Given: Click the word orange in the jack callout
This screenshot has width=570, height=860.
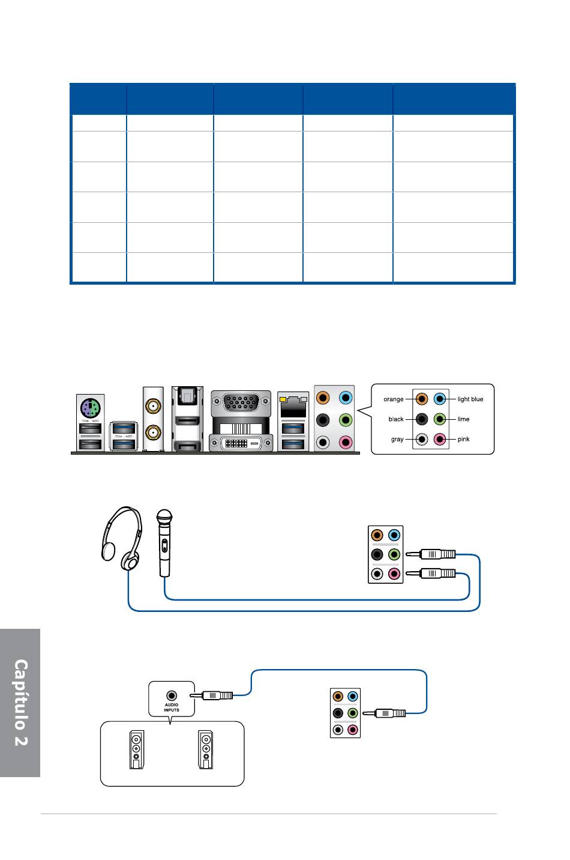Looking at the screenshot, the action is [x=393, y=399].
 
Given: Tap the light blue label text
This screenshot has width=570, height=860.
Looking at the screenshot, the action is [x=470, y=399].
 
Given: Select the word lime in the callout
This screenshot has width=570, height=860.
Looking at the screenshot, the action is [x=463, y=419].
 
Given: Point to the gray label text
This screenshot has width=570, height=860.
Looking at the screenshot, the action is [x=397, y=439].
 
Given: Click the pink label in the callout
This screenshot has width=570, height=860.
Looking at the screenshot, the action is [x=463, y=439].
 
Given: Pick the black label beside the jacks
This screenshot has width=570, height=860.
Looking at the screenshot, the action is [x=396, y=419].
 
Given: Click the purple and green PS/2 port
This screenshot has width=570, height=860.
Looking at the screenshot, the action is [x=90, y=408].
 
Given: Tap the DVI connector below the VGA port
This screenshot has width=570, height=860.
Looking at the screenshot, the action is [x=241, y=443].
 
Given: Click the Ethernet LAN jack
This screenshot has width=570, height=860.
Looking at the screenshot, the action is [x=293, y=407].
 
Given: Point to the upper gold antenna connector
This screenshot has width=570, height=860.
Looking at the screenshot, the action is [x=153, y=406].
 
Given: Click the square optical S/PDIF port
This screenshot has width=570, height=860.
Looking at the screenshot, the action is [x=187, y=396].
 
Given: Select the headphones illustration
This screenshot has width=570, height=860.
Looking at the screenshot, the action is [x=122, y=538].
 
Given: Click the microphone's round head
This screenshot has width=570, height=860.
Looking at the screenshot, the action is [x=164, y=516].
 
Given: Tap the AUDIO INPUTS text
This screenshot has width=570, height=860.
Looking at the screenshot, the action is [x=172, y=707].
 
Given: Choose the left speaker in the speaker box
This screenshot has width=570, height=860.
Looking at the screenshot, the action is [x=137, y=749].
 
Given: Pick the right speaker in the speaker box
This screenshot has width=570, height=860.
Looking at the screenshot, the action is [x=206, y=749].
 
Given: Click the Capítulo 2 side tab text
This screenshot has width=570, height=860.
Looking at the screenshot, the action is [x=21, y=703].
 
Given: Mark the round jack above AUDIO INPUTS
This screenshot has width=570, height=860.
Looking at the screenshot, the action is [x=172, y=695].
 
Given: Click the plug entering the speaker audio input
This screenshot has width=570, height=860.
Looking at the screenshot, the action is [x=211, y=695].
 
